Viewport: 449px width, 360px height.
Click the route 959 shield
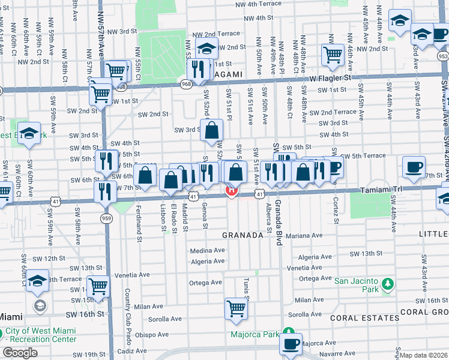pos(107,218)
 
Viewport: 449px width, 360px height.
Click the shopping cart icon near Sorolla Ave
pos(236,309)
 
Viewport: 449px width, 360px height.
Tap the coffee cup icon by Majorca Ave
pos(291,345)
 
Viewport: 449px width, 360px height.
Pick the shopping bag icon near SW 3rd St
pos(212,130)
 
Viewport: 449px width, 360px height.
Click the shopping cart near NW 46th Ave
pos(332,55)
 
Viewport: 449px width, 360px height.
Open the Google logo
pos(20,353)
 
